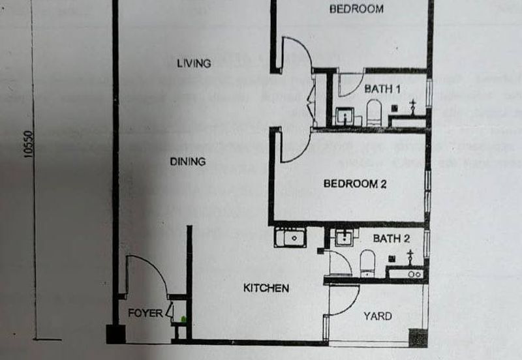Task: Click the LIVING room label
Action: [194, 63]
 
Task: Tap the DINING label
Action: [188, 161]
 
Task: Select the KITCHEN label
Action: [266, 288]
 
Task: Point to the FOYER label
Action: [145, 313]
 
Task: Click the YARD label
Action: [377, 316]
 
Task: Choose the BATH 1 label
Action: [382, 88]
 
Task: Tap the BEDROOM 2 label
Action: [355, 184]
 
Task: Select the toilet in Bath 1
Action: [373, 112]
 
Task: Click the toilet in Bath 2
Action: [368, 263]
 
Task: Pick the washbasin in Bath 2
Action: [343, 238]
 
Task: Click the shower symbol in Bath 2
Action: [410, 255]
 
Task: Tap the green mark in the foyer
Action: [184, 318]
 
